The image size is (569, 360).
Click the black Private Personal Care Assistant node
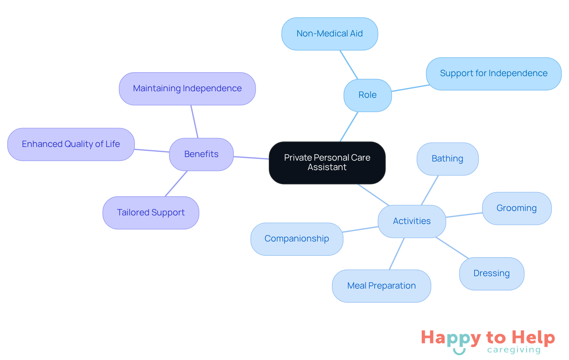pos(327,163)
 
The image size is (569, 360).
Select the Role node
pos(367,95)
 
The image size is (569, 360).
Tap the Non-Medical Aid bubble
pos(330,34)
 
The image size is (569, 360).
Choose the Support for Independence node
pos(493,73)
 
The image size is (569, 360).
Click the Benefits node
pos(201,154)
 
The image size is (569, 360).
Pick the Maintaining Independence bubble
pos(187,89)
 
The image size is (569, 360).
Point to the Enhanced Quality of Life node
pos(71,144)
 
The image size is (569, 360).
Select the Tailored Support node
pos(151,213)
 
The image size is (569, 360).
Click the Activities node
pos(412,221)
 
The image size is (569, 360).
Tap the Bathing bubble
pos(447,159)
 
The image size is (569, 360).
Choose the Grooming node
pos(517,208)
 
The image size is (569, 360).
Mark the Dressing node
pos(491,273)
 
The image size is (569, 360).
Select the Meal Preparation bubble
pos(381,286)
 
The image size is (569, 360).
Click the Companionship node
pos(297,239)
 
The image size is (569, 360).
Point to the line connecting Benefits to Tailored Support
pos(176,184)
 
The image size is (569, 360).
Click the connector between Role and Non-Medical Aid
pos(349,65)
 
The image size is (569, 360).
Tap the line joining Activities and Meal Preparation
pos(397,254)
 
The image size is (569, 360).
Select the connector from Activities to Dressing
pos(452,248)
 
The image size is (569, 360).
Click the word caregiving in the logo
pos(514,350)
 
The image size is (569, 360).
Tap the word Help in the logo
pos(533,338)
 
